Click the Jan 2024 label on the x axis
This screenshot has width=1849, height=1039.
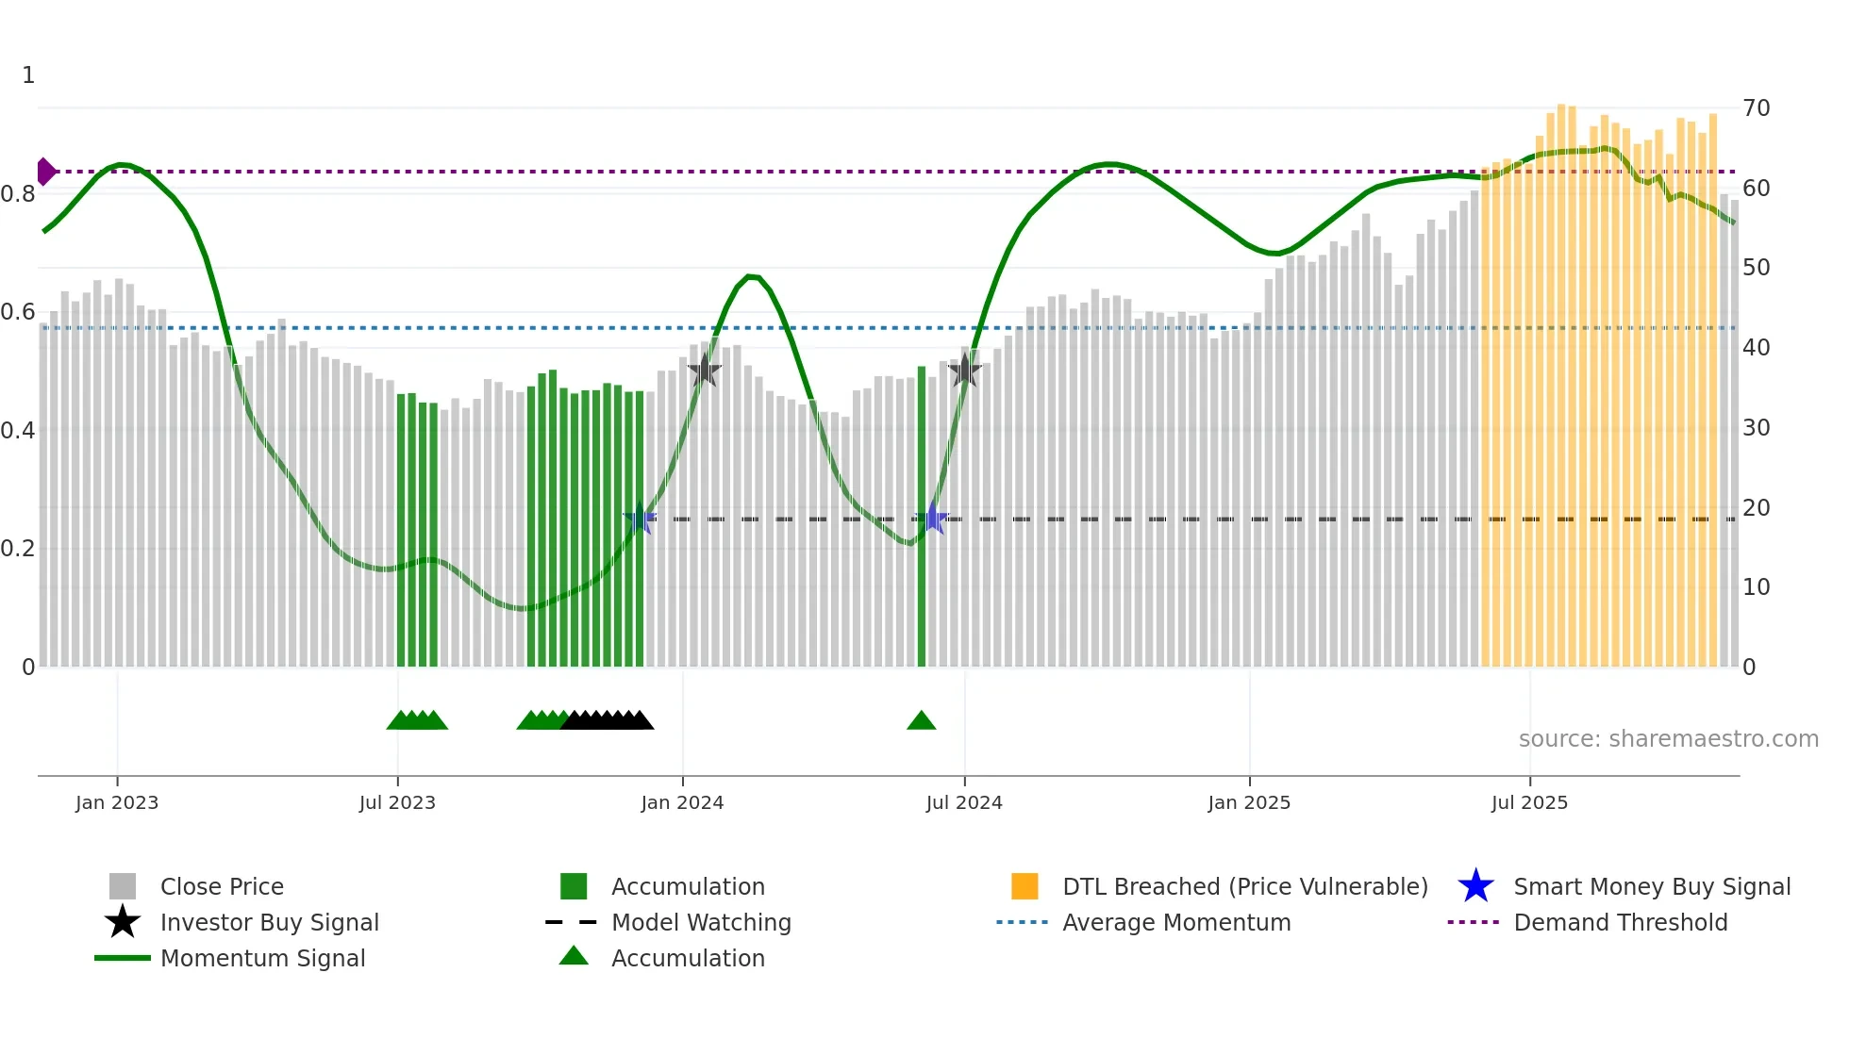tap(682, 803)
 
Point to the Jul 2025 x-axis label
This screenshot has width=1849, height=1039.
tap(1529, 803)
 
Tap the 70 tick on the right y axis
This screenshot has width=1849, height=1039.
tap(1756, 108)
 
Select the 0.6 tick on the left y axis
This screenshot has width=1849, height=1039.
tap(18, 312)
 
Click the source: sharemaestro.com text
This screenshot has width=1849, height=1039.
tap(1668, 739)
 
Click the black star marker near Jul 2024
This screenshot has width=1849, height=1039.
tap(964, 371)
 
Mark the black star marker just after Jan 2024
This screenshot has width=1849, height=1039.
tap(704, 371)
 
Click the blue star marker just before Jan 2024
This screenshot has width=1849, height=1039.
tap(640, 519)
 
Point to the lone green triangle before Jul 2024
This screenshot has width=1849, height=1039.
tap(921, 721)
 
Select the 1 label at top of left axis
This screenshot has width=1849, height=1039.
tap(28, 75)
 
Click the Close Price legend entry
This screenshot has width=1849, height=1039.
tap(221, 887)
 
